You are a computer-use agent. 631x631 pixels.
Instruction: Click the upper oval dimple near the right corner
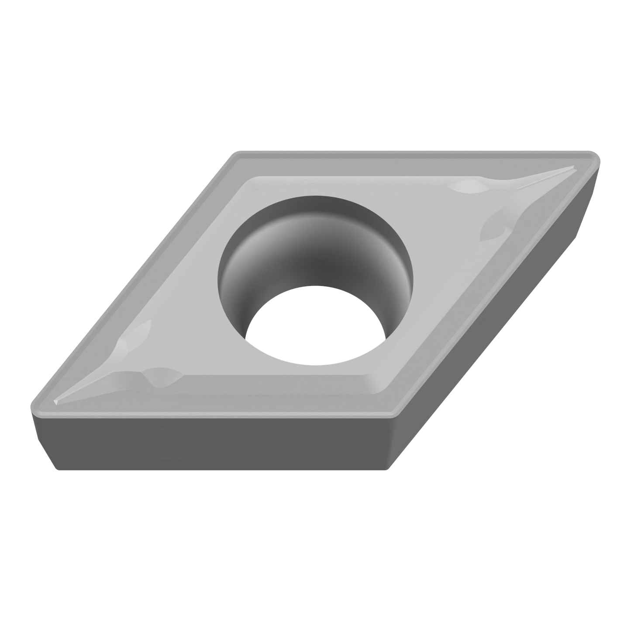click(x=467, y=187)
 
